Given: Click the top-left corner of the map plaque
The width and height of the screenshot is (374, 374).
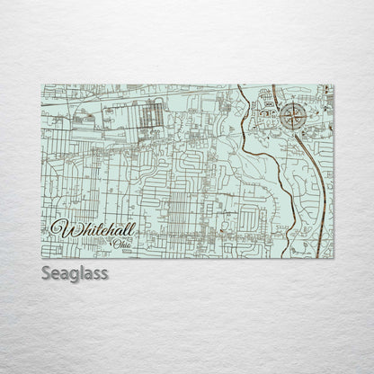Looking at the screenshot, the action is pyautogui.click(x=41, y=85).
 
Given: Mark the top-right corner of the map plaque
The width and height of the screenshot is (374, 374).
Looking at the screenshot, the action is pyautogui.click(x=334, y=85).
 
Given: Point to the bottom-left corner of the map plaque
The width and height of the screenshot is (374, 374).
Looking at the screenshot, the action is pyautogui.click(x=41, y=259).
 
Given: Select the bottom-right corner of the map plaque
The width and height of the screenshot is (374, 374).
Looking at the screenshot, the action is pyautogui.click(x=334, y=259).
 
